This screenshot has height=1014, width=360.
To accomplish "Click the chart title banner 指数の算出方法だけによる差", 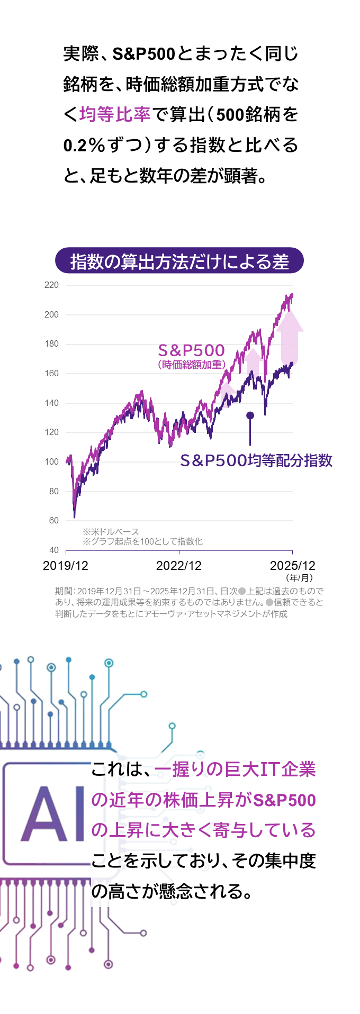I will (x=179, y=261).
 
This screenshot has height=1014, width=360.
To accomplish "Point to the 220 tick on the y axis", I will (x=52, y=285).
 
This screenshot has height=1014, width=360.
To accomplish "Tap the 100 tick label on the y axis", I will (x=52, y=462).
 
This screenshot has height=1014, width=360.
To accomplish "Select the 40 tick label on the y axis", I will (x=53, y=550).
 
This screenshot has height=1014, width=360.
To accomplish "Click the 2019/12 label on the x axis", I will (x=66, y=566).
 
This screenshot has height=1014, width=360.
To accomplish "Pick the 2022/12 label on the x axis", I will (x=179, y=566).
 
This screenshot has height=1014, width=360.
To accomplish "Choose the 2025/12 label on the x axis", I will (x=292, y=566).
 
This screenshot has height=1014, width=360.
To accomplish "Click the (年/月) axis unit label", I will (x=299, y=578).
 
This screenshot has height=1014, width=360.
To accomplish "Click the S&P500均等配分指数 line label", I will (x=256, y=460).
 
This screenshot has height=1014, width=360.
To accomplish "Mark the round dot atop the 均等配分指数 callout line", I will (x=250, y=415).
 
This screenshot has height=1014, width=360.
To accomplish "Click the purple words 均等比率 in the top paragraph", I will (x=115, y=114).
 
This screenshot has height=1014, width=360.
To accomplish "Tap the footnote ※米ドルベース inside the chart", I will (x=111, y=531).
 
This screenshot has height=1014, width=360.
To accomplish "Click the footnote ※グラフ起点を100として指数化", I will (x=142, y=541).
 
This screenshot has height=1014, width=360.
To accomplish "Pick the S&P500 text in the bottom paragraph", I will (x=284, y=800).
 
